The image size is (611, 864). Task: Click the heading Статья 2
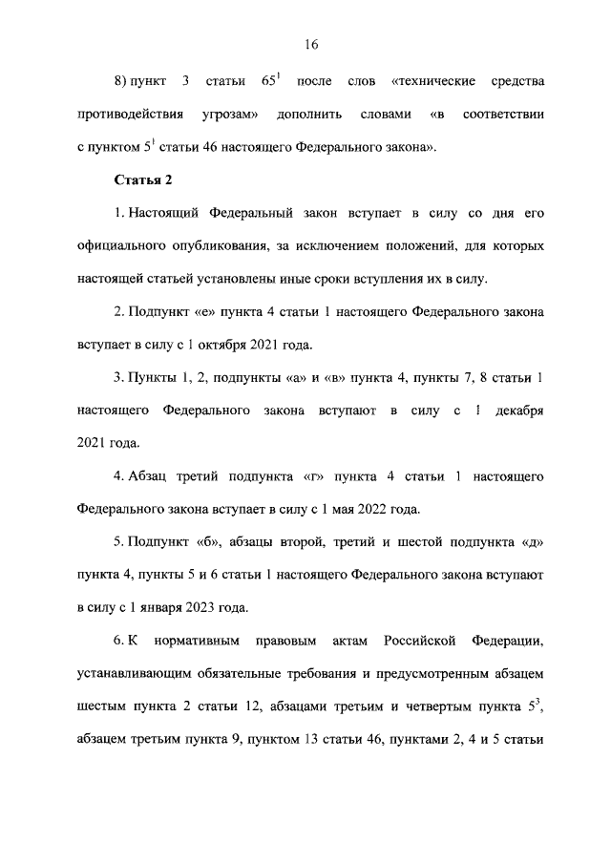(142, 179)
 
